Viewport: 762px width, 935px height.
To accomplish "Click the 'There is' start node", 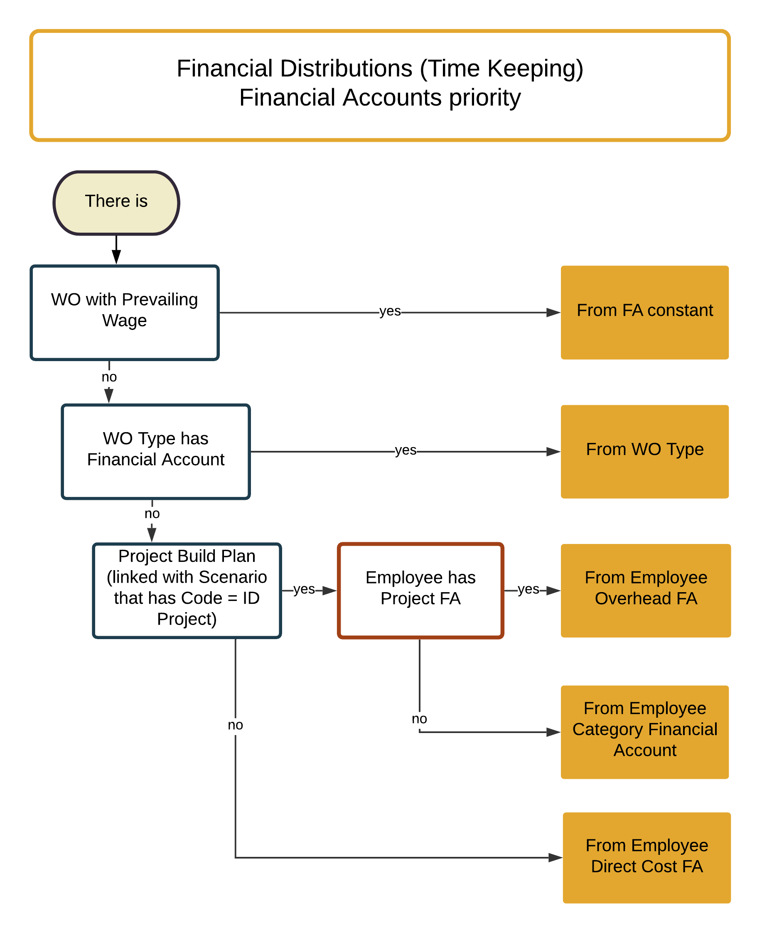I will coord(116,202).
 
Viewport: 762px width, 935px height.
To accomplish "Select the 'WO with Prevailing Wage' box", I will coord(124,312).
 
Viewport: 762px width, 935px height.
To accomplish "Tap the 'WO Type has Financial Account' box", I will coord(155,451).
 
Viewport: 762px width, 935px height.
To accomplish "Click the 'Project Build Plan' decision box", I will coord(187,590).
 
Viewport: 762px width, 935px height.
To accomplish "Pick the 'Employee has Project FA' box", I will coord(420,590).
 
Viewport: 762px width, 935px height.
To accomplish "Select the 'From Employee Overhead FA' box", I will coord(645,590).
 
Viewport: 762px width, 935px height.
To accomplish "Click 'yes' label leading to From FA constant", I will coord(389,311).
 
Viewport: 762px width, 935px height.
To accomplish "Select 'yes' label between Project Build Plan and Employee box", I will coord(304,589).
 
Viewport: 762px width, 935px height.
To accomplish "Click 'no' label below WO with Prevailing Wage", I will coord(109,376).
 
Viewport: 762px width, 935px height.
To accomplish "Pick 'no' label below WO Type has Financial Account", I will coord(152,513).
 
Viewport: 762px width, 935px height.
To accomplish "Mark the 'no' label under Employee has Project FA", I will coord(419,718).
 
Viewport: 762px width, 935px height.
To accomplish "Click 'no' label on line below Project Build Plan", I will coord(235,724).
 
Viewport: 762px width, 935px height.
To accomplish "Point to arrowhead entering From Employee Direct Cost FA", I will coord(555,857).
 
